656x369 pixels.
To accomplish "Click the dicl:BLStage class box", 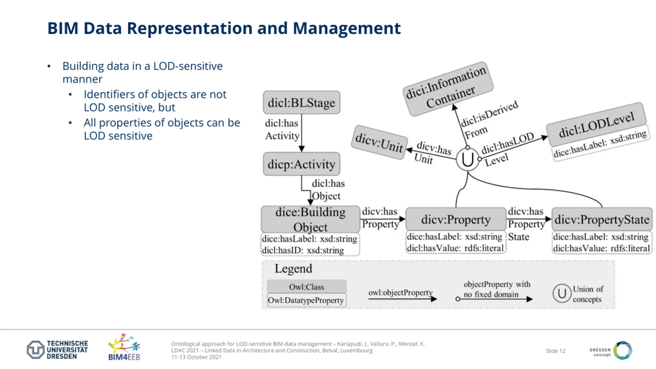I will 301,102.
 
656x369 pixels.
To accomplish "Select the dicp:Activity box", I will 301,164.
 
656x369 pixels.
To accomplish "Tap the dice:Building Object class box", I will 310,219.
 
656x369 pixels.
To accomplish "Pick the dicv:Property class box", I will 456,219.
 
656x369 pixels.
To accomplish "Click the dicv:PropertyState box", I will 602,219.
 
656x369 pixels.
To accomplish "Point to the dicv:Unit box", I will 379,143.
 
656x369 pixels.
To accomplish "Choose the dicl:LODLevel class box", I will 596,125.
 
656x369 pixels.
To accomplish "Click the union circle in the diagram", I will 467,159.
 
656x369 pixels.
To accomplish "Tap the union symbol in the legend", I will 562,293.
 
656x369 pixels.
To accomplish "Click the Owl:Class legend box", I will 306,286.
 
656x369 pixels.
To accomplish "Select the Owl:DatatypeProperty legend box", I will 306,300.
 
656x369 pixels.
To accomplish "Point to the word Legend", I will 293,269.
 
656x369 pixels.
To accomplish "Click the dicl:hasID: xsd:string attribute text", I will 303,250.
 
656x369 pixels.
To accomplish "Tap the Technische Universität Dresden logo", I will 57,350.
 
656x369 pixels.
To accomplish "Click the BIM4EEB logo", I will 124,347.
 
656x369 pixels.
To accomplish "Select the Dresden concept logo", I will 611,350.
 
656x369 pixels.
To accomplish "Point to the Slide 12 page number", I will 555,351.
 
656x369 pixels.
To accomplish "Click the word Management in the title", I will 346,28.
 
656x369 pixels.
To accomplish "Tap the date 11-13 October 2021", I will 196,357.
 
